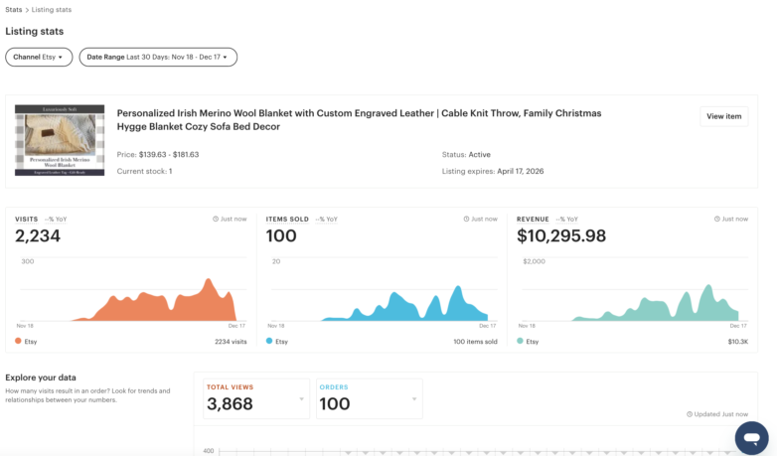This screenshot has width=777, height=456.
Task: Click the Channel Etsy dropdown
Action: tap(38, 58)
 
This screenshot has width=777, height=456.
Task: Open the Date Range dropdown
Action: tap(158, 58)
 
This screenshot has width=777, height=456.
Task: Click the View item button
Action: tap(723, 116)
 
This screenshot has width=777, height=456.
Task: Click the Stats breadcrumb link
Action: tap(13, 10)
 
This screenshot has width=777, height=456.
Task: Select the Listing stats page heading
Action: tap(35, 32)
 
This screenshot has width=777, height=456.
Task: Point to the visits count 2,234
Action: tap(38, 236)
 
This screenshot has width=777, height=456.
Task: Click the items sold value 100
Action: tap(281, 236)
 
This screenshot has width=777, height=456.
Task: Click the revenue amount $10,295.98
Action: tap(561, 236)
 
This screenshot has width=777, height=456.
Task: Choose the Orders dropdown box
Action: tap(369, 398)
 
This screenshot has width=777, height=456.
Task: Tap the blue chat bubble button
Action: tap(751, 437)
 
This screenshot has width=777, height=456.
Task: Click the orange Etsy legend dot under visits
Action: tap(18, 341)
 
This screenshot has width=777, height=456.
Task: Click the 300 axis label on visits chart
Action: tap(28, 261)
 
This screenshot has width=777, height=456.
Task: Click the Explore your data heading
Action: tap(42, 378)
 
